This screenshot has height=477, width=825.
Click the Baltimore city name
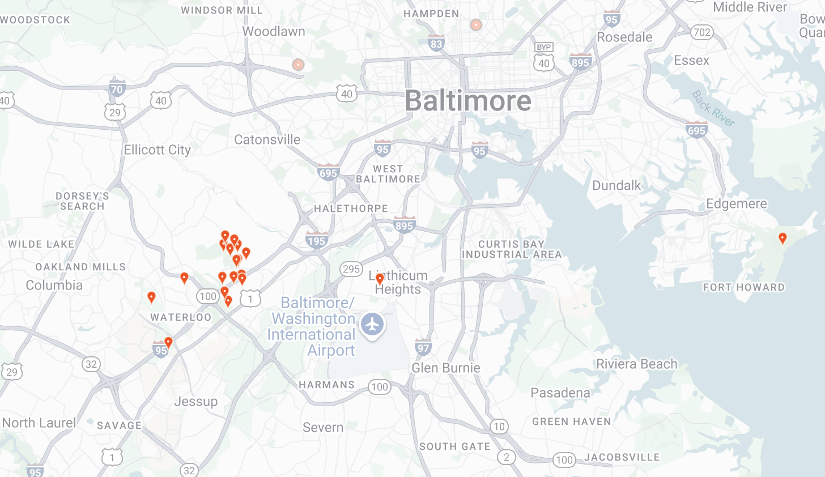coord(468,101)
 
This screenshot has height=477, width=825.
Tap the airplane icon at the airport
coord(372,325)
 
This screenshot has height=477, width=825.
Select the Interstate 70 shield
coord(117,88)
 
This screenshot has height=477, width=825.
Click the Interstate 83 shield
coord(436,44)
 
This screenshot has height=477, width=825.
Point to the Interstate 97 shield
coord(423,347)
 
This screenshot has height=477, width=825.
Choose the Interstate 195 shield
coord(316,240)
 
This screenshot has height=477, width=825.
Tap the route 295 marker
coord(351,269)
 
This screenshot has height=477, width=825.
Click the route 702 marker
coord(702,32)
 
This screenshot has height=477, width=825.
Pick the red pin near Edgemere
coord(783,238)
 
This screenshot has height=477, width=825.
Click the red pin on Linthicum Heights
coord(380,279)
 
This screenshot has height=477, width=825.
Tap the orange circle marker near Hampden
coord(476,25)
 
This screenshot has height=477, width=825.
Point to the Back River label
coord(713,108)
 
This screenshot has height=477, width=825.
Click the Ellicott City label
coord(157,150)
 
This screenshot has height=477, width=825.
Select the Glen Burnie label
coord(446,368)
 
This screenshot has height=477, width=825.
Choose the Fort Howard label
coord(743,287)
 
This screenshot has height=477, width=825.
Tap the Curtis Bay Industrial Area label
coord(511,249)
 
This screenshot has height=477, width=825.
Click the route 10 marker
coord(499,427)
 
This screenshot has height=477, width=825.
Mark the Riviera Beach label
coord(636,364)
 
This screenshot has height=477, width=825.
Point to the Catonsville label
coord(267,139)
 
